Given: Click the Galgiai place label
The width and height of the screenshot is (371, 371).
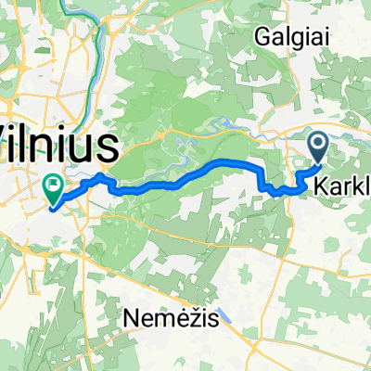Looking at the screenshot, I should tap(290, 35).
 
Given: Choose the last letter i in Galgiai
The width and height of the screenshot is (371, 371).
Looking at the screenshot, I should tap(317, 35).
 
